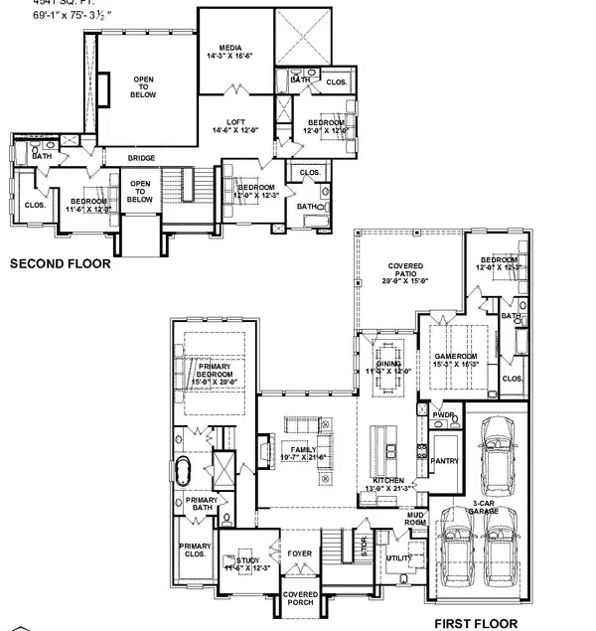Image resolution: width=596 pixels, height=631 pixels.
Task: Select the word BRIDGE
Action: point(141,157)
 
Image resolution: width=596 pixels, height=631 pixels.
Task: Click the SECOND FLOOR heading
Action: point(60,265)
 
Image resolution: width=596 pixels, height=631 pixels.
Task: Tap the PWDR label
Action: point(443,415)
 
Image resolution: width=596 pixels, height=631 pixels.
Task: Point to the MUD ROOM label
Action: point(415,518)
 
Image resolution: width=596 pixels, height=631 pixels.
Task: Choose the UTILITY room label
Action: point(399,559)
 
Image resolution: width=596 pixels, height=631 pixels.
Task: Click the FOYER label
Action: point(300,553)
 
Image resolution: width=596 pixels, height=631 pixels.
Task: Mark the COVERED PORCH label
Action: point(300,599)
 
